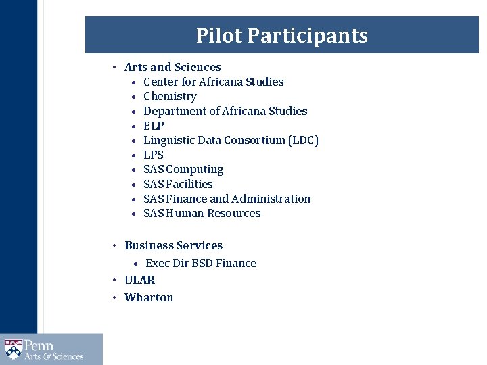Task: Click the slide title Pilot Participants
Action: coord(281,35)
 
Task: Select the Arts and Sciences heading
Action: coord(172,67)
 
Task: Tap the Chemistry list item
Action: coord(170,96)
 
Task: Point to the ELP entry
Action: coord(154,126)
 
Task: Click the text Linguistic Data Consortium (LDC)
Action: coord(231,140)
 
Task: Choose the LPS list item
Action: coord(154,155)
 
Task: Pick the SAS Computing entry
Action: coord(183,169)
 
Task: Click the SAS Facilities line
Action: coord(178,184)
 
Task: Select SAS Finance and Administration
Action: coord(227,199)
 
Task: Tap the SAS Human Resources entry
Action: coord(202,213)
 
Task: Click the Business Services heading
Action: coord(173,245)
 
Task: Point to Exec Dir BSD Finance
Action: coord(201,263)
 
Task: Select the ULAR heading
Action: coord(139,280)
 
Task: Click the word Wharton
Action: coord(149,297)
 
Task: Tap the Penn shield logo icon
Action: coord(13,349)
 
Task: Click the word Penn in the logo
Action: coord(39,345)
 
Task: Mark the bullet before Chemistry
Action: coord(136,97)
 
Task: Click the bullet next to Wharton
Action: coord(116,297)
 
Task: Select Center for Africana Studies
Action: coord(213,82)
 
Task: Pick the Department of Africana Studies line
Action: coord(225,111)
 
